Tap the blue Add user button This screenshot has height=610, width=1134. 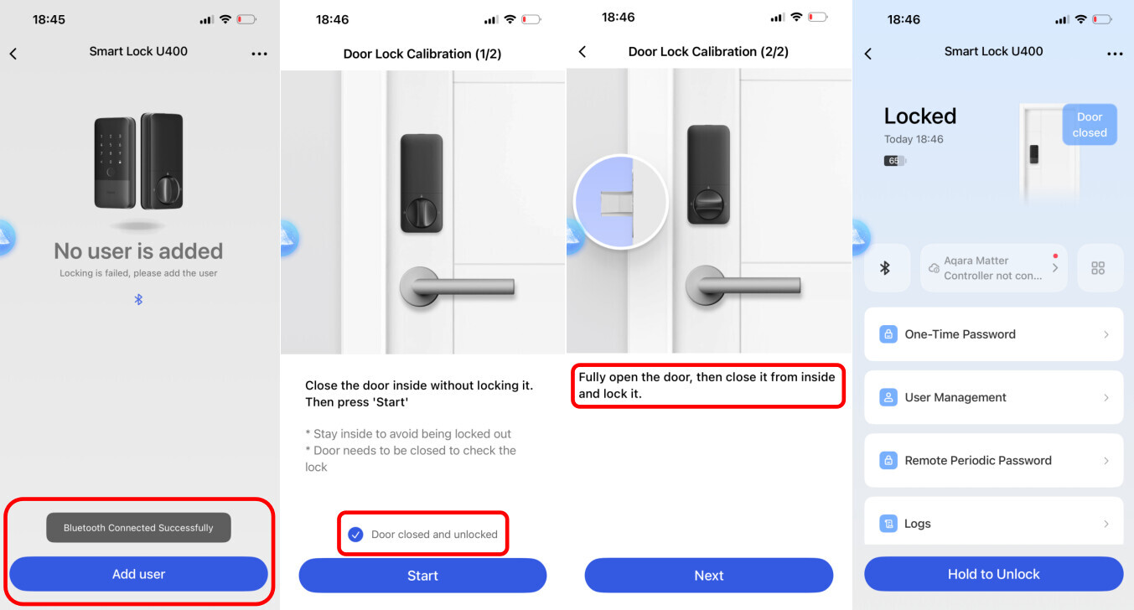[138, 574]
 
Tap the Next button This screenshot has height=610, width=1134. [709, 575]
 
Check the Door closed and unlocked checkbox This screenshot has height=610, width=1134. [355, 534]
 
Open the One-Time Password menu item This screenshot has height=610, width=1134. [993, 334]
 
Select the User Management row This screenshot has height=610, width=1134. [993, 397]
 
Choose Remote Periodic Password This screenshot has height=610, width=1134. [993, 460]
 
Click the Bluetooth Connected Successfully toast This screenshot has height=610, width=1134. [138, 528]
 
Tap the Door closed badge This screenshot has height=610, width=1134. [1090, 125]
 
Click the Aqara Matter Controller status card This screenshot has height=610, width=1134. [993, 268]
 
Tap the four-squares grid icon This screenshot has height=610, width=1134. [1098, 268]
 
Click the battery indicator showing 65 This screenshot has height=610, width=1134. [894, 161]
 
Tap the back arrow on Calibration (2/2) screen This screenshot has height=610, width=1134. [583, 52]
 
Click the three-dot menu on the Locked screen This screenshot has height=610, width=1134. [1115, 54]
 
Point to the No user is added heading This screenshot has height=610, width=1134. [138, 251]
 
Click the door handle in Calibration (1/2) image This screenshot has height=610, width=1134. [457, 287]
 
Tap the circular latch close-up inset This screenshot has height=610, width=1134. [621, 202]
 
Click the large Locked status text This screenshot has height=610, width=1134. [920, 116]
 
